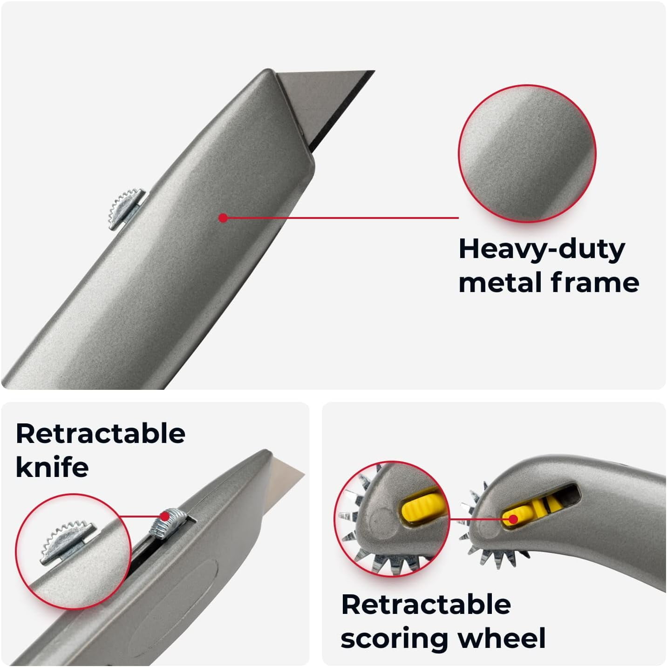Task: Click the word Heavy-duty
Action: (x=542, y=249)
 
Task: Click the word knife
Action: (x=52, y=467)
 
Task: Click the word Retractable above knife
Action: (x=101, y=433)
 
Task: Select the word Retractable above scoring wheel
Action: (x=426, y=604)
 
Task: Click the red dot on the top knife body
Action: (x=223, y=218)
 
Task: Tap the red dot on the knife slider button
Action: (x=165, y=517)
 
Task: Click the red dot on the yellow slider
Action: (x=514, y=519)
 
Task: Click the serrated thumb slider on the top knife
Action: (x=126, y=209)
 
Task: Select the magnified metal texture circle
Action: (x=527, y=153)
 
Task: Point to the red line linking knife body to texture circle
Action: (x=341, y=218)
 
